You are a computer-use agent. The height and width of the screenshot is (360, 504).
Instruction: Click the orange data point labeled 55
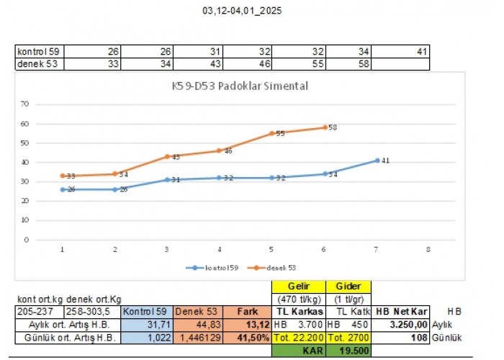pos(271,133)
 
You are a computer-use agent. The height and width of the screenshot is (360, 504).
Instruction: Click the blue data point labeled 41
pos(377,160)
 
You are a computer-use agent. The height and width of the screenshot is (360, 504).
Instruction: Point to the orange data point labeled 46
pos(220,150)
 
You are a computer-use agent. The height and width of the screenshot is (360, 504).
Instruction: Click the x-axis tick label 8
pos(428,249)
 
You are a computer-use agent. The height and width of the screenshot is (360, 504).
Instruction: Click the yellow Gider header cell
pos(348,287)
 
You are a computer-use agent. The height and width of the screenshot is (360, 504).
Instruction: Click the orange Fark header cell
pos(248,312)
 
